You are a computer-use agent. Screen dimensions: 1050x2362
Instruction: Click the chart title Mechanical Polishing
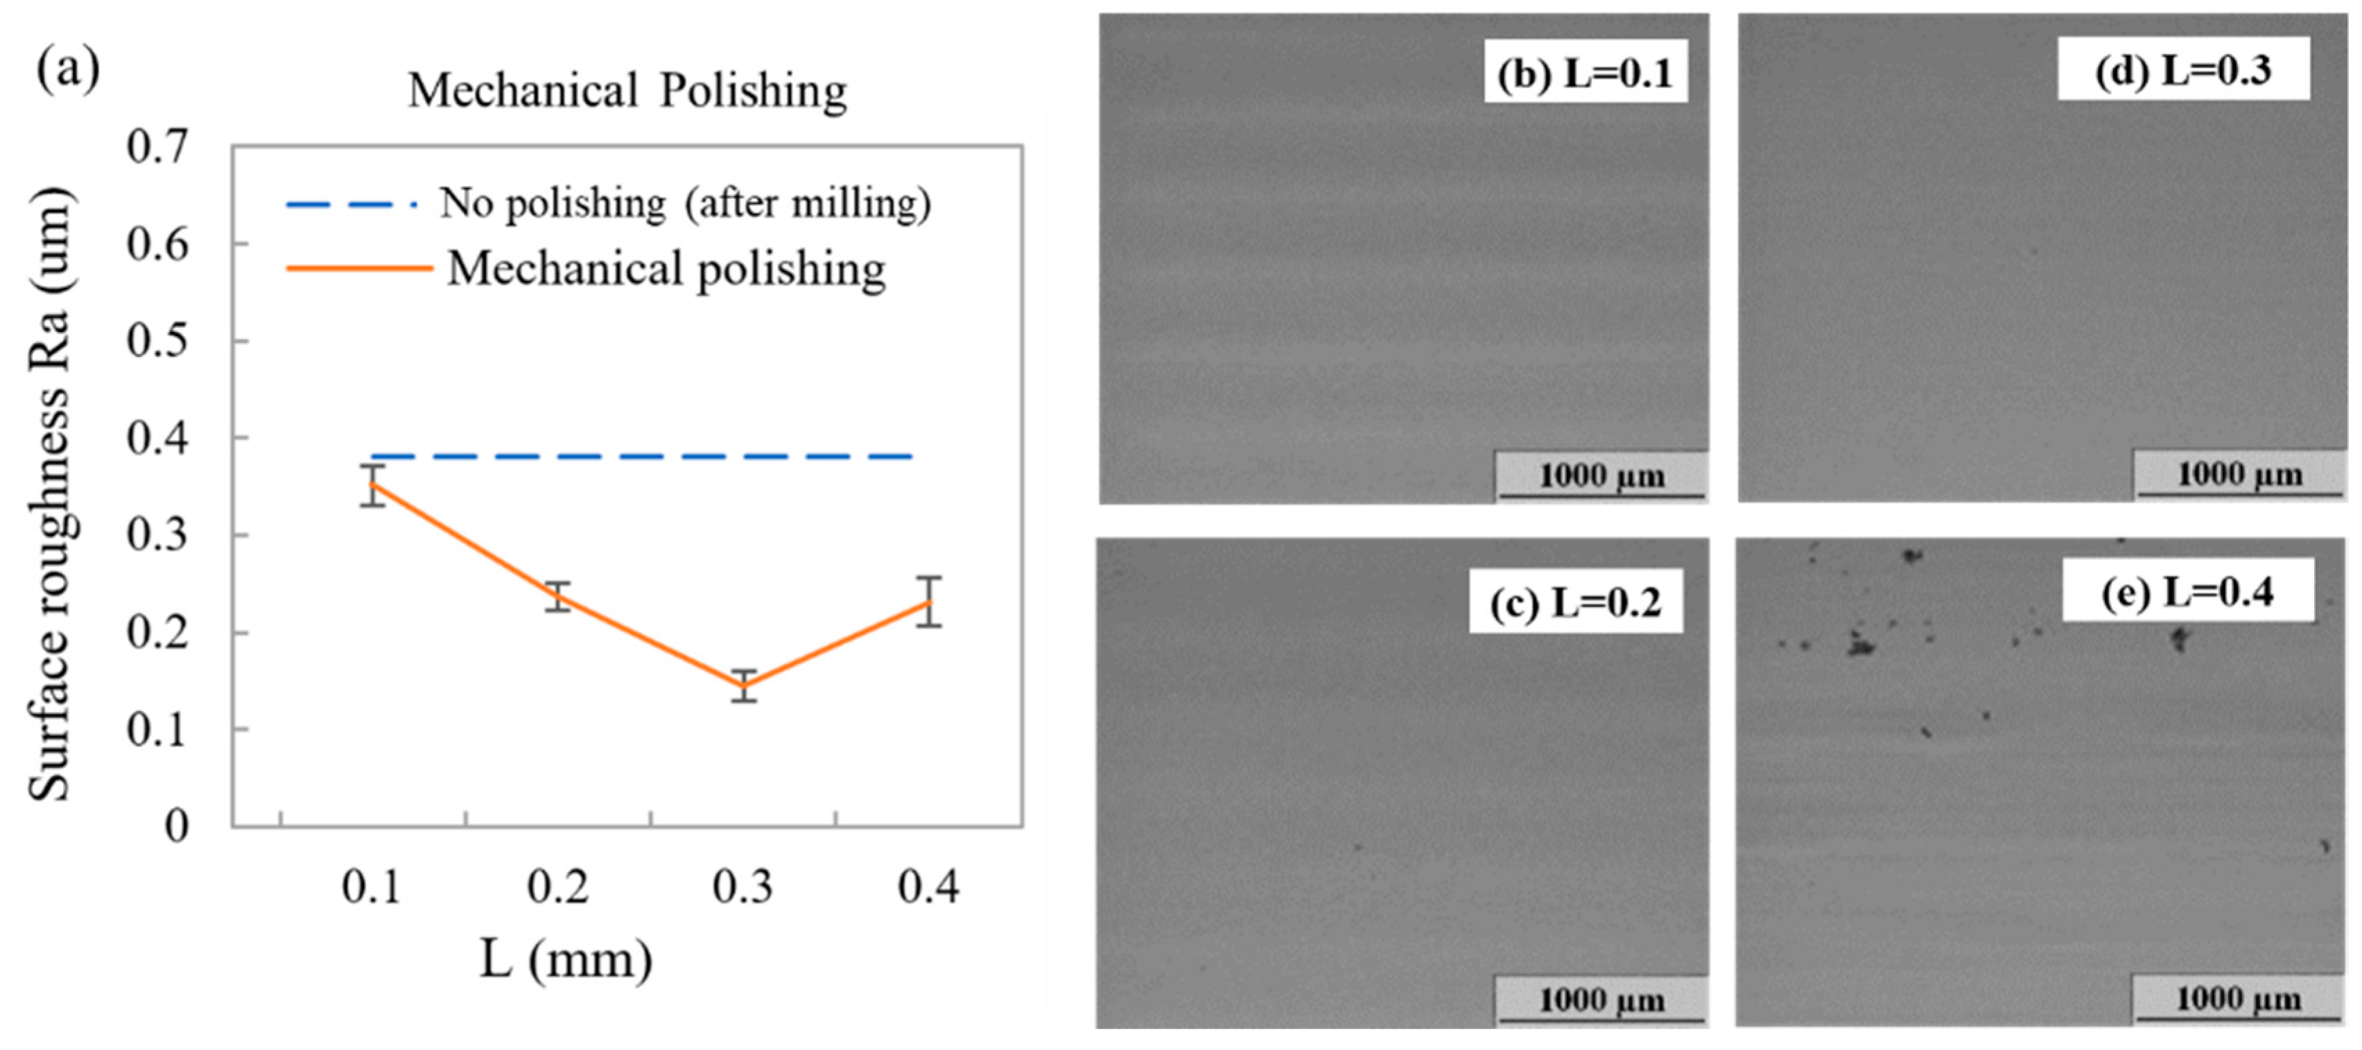(627, 91)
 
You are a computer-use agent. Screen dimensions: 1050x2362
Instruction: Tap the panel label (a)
(67, 70)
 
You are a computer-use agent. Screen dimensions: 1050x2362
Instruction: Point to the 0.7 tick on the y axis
(157, 148)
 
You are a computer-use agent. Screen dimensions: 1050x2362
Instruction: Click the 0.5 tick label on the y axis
(157, 341)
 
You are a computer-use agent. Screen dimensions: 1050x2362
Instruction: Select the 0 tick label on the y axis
(176, 826)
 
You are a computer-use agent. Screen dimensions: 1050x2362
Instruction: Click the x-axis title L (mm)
(566, 960)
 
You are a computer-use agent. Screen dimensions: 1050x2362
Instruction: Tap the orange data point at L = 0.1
(372, 485)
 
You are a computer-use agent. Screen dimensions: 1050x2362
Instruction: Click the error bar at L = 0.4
(929, 602)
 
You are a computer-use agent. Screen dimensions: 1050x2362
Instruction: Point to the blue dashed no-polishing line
(642, 456)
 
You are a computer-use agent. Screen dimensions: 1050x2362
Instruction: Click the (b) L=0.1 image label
(1586, 73)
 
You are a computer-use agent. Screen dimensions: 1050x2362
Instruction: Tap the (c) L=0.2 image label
(1575, 602)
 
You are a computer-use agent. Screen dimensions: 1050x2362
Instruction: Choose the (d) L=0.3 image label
(2182, 71)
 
